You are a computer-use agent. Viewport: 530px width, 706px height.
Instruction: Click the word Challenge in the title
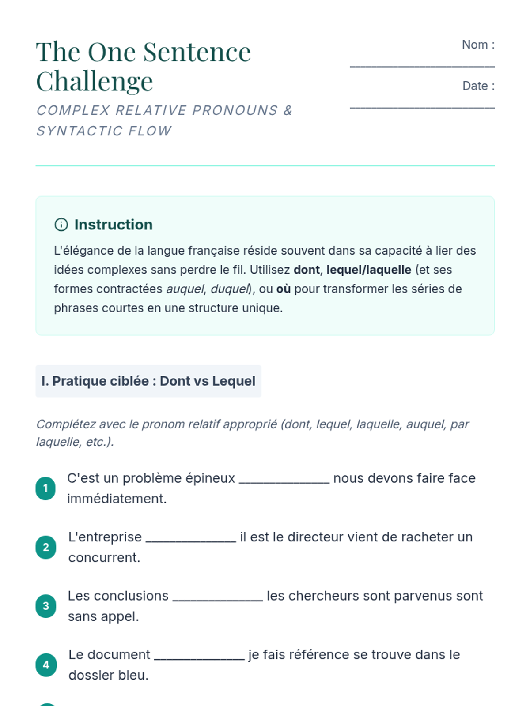[95, 82]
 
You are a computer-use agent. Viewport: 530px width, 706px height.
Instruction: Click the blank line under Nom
[422, 65]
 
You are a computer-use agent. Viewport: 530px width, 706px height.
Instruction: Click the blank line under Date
[422, 106]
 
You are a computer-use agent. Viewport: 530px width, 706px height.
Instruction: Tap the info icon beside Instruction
[61, 225]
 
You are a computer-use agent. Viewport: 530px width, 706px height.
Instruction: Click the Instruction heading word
[114, 225]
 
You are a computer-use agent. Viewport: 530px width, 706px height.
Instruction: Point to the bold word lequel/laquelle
[369, 270]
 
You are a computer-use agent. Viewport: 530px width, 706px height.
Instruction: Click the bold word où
[284, 289]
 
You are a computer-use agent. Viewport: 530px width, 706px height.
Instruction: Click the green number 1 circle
[45, 488]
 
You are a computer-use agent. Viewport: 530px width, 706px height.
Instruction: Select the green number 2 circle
[45, 547]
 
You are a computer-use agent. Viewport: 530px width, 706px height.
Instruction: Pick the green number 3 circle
[45, 606]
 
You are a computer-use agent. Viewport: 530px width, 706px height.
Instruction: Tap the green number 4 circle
[45, 665]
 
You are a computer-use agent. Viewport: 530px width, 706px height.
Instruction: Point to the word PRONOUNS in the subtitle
[235, 110]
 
